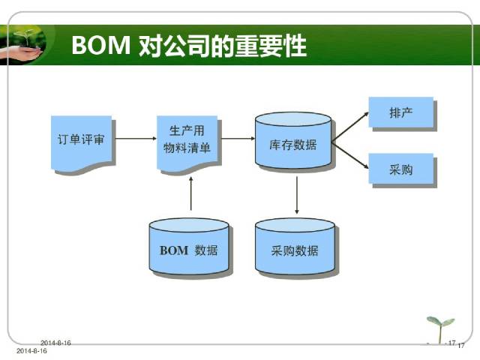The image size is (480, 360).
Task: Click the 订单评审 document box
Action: click(81, 142)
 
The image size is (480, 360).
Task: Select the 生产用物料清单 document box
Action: click(187, 142)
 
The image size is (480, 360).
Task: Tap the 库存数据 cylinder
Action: click(293, 140)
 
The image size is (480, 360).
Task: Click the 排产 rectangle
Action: click(400, 112)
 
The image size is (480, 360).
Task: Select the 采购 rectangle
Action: click(400, 169)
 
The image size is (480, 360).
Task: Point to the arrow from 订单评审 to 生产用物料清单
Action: click(136, 138)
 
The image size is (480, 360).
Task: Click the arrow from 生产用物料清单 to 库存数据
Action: click(238, 138)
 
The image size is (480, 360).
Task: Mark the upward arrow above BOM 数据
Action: click(191, 193)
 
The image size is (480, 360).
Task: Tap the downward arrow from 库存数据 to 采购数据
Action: click(297, 195)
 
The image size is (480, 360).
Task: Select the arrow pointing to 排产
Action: click(350, 127)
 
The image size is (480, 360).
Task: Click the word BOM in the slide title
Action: click(101, 45)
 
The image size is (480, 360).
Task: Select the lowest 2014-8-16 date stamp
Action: click(31, 351)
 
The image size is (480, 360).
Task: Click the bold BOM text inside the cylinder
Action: click(173, 250)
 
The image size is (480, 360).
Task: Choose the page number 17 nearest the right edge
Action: click(461, 346)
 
